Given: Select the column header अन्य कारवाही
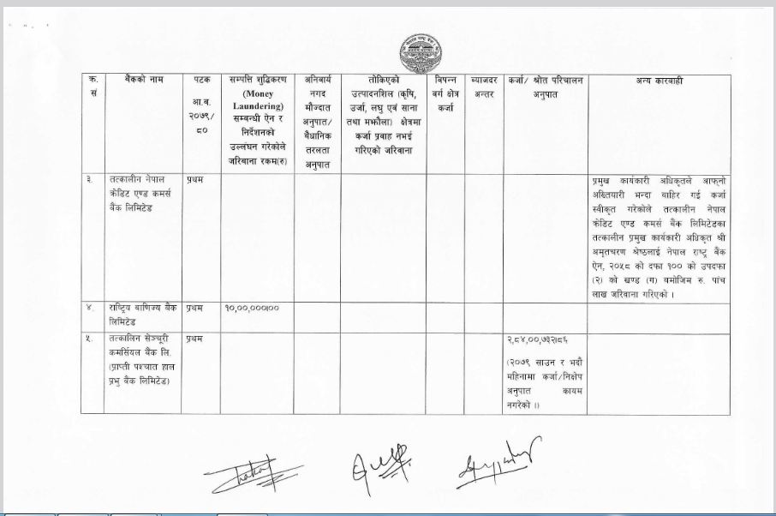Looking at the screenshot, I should tap(658, 81).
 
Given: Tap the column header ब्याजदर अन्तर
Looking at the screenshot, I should tap(485, 87).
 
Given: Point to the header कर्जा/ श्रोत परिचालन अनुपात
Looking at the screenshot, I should tap(545, 87).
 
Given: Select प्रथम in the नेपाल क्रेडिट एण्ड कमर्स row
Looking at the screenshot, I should tap(194, 180).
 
